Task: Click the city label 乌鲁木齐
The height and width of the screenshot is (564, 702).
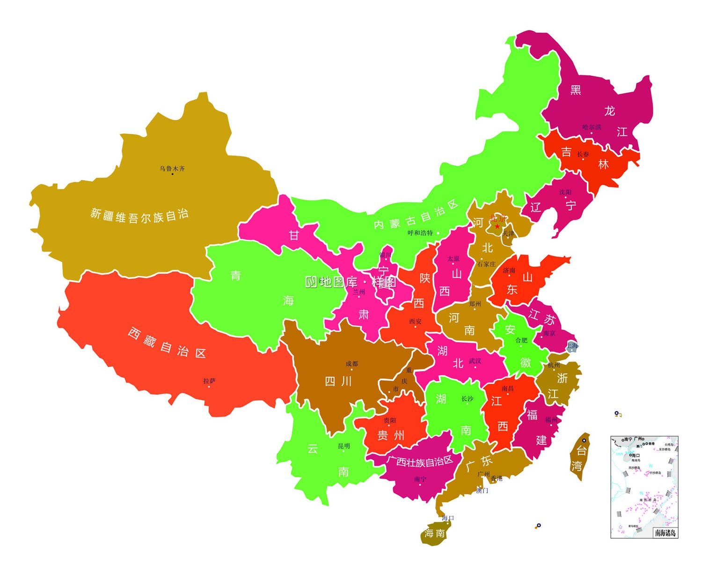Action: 172,168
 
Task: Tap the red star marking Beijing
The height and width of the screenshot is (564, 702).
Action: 497,227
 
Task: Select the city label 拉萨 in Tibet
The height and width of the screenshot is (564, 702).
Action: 209,381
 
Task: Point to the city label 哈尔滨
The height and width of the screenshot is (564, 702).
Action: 592,127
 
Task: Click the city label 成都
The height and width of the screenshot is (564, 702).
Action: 351,364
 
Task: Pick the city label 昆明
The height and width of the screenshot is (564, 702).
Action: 344,446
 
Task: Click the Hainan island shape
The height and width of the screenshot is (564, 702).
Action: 434,534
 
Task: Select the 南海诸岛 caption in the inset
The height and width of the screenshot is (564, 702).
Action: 665,533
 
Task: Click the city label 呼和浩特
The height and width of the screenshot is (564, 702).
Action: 420,233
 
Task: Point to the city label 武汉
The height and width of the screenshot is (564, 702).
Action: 475,361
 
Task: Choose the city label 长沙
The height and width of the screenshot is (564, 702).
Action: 467,399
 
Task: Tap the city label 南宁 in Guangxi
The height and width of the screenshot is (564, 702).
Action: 420,479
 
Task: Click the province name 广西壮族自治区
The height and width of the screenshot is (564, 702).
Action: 420,461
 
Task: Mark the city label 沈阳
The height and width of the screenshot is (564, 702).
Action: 565,192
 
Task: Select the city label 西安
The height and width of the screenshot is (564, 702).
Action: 415,321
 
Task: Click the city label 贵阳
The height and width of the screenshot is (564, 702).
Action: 390,420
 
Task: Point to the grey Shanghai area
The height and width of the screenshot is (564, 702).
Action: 572,347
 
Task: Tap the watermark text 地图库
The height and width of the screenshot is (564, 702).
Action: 338,282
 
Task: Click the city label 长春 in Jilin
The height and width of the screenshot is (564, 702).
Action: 583,154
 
